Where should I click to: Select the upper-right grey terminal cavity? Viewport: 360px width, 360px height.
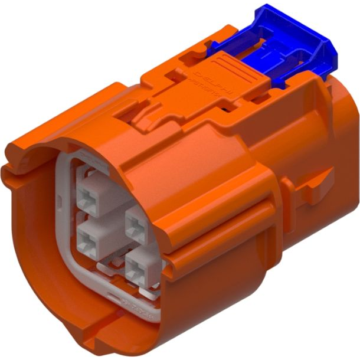[136, 224]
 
